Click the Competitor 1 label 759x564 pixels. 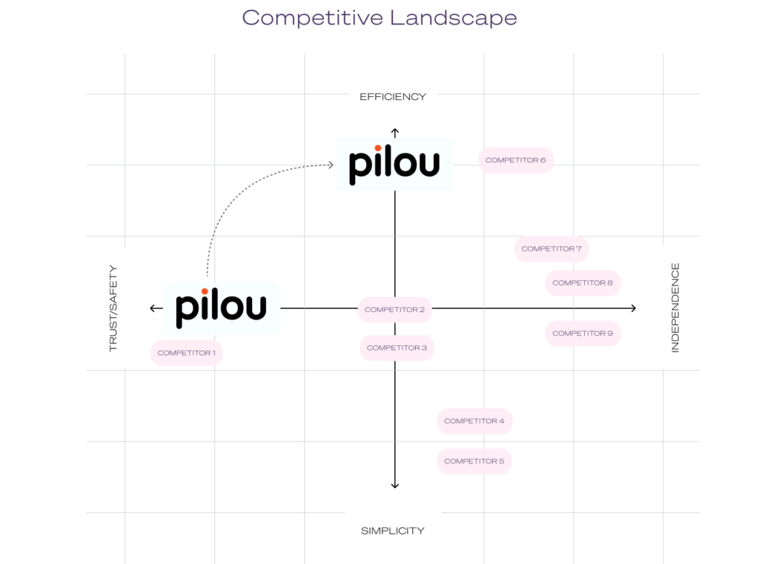tap(186, 353)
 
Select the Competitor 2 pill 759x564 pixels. tap(394, 310)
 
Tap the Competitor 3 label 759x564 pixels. tap(397, 348)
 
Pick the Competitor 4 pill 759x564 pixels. tap(474, 421)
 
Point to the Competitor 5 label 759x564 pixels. tap(474, 461)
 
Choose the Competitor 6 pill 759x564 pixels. tap(516, 160)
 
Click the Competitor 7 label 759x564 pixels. tap(551, 249)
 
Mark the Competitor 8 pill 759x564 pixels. tap(583, 283)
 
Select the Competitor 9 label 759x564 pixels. tap(583, 334)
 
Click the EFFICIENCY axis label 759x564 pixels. tap(393, 96)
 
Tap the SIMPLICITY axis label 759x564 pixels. tap(393, 531)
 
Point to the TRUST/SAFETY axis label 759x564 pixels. tap(113, 308)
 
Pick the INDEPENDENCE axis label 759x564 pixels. tap(675, 307)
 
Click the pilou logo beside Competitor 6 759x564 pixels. tap(394, 164)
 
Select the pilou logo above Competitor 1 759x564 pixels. tap(221, 308)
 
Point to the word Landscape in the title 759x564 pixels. tap(450, 18)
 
